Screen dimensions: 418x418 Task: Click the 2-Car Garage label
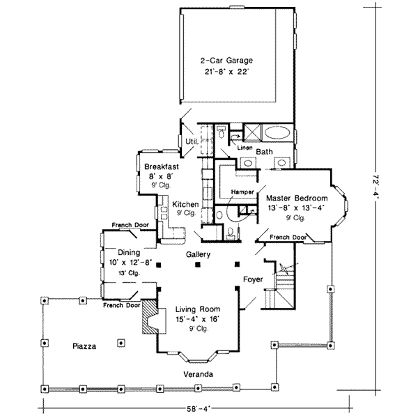(x=226, y=61)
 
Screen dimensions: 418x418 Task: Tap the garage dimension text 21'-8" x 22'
(x=226, y=72)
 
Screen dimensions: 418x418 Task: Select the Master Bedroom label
(x=297, y=199)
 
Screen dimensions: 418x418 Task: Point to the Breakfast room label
(x=162, y=167)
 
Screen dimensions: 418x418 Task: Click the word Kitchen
(x=185, y=204)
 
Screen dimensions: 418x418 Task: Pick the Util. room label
(x=192, y=141)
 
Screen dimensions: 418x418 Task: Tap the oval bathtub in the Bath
(x=277, y=132)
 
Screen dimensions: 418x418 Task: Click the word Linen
(x=245, y=148)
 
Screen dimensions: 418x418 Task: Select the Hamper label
(x=242, y=192)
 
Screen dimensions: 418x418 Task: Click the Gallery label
(x=198, y=254)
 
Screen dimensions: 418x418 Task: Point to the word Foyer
(x=253, y=279)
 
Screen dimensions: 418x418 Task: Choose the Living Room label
(x=198, y=309)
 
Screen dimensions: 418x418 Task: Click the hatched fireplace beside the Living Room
(x=150, y=317)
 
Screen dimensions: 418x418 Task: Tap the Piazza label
(x=84, y=346)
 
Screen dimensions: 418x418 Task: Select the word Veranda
(x=199, y=374)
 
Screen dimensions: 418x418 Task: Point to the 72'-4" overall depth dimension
(x=376, y=186)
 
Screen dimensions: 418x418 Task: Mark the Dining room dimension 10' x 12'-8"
(x=130, y=263)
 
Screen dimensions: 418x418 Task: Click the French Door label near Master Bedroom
(x=288, y=238)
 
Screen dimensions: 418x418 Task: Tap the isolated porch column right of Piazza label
(x=121, y=343)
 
